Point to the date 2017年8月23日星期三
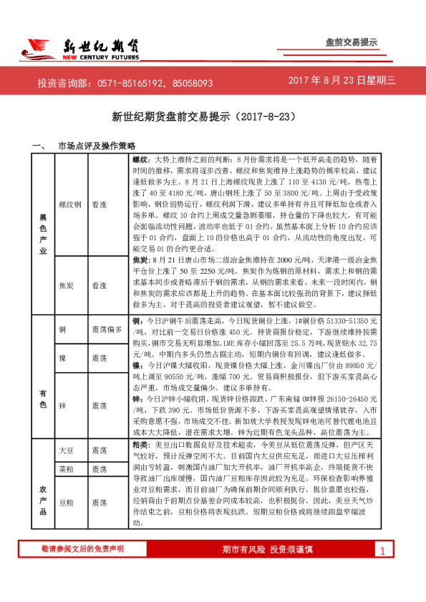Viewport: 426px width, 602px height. click(x=342, y=82)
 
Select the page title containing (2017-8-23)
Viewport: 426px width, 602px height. click(x=213, y=115)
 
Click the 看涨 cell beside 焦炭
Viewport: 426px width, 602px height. click(x=100, y=284)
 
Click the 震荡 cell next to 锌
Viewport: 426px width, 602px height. click(x=100, y=405)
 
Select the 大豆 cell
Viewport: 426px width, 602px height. click(x=65, y=451)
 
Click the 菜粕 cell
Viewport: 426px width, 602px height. click(x=65, y=469)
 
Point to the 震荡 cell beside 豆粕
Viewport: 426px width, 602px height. click(x=100, y=503)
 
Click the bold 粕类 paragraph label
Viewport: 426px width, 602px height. click(x=140, y=444)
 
